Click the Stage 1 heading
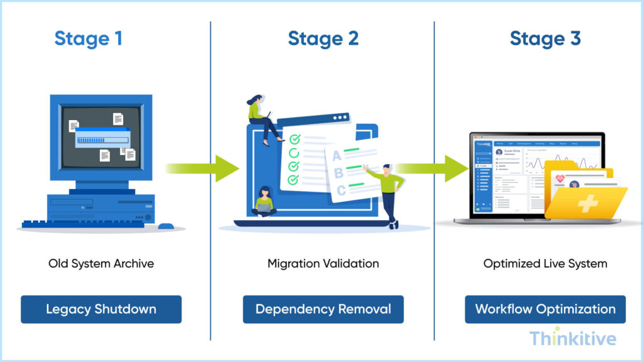pyautogui.click(x=88, y=38)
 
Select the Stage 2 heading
pyautogui.click(x=323, y=38)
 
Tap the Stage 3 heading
pyautogui.click(x=545, y=38)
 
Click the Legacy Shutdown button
pyautogui.click(x=101, y=309)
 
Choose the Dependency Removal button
pyautogui.click(x=323, y=309)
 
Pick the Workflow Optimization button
pyautogui.click(x=545, y=309)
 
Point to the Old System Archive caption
pyautogui.click(x=101, y=263)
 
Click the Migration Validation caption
pyautogui.click(x=323, y=263)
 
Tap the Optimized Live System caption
pyautogui.click(x=545, y=263)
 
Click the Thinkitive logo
pyautogui.click(x=572, y=339)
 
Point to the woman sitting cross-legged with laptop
pyautogui.click(x=264, y=202)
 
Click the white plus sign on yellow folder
pyautogui.click(x=587, y=203)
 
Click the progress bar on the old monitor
pyautogui.click(x=102, y=140)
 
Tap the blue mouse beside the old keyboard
pyautogui.click(x=165, y=226)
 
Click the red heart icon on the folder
pyautogui.click(x=559, y=180)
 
